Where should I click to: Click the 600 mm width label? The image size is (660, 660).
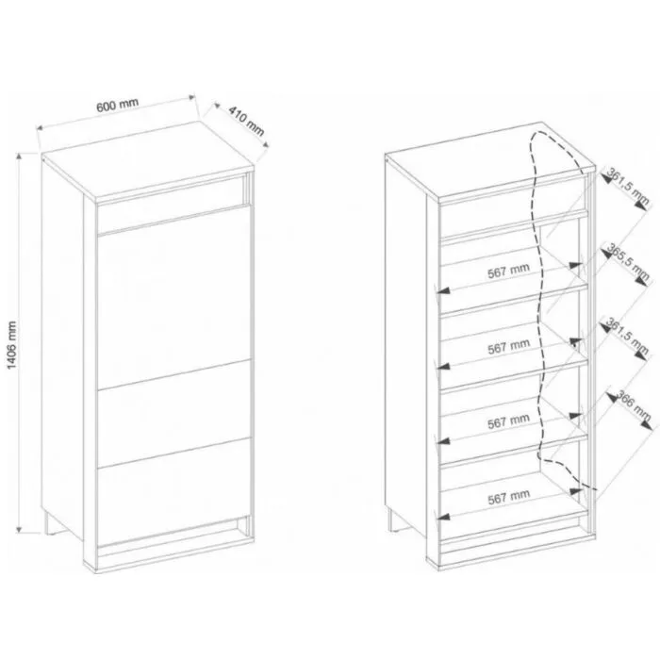(118, 105)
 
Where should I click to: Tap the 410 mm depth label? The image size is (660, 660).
(247, 122)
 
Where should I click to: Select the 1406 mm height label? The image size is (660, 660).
(11, 345)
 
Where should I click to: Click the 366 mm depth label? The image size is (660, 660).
(634, 405)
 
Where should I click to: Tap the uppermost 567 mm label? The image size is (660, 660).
(508, 271)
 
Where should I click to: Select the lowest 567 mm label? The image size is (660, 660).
(508, 497)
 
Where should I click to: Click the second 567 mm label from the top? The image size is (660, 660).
(508, 346)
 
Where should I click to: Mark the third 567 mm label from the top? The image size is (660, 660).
(508, 421)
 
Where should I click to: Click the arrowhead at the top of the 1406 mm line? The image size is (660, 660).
(19, 157)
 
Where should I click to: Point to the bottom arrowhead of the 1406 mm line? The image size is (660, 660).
(19, 529)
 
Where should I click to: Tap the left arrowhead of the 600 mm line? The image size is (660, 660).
(40, 127)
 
